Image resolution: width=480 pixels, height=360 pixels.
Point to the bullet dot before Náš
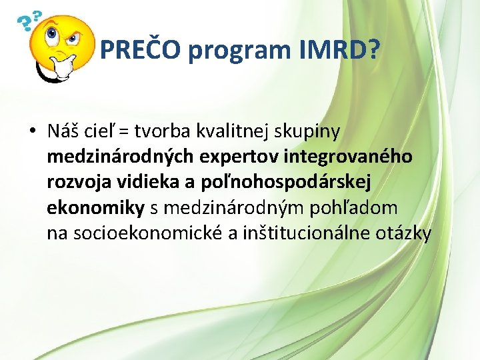(32, 132)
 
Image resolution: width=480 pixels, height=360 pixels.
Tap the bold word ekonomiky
(95, 208)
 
